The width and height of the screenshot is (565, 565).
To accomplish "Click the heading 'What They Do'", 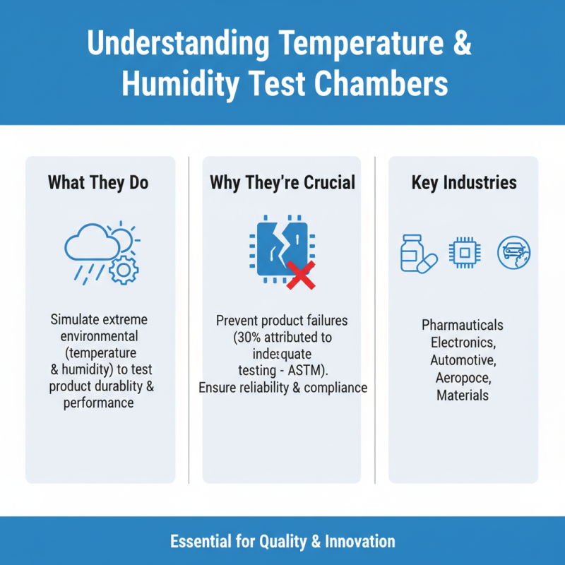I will [x=98, y=183].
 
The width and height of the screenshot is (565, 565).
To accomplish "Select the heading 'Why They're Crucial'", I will [x=282, y=183].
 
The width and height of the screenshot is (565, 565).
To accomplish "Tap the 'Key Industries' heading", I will [x=464, y=183].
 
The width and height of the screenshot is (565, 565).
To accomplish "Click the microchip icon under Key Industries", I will [x=464, y=253].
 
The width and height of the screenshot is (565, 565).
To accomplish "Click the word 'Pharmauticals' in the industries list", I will [x=463, y=326].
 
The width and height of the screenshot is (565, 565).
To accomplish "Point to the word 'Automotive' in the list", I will [x=462, y=360].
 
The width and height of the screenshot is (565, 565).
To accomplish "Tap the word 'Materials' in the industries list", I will [x=463, y=395].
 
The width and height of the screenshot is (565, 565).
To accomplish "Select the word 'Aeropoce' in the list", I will [x=463, y=378].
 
